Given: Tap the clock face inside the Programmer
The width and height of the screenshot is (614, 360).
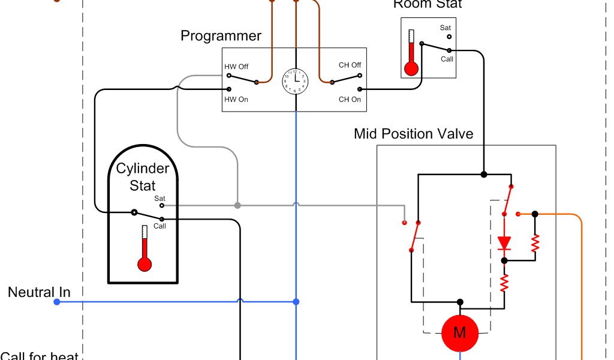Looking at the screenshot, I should (296, 81).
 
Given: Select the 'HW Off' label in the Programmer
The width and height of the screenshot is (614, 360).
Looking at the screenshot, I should (236, 66).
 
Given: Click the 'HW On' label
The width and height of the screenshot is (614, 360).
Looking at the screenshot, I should (236, 99).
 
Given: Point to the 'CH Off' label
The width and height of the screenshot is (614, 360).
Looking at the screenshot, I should (350, 65).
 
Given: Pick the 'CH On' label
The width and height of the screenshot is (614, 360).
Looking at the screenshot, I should (350, 99).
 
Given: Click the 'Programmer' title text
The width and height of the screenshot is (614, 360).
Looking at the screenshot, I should (221, 36).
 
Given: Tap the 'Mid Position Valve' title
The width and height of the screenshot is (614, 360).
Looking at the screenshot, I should (413, 133).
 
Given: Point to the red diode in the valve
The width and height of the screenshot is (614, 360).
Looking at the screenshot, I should (504, 242).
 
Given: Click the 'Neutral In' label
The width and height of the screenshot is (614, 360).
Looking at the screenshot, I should (39, 293).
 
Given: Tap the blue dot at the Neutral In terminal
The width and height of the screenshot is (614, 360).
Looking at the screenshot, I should (57, 302).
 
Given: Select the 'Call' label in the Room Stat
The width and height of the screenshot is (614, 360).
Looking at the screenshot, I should (447, 59).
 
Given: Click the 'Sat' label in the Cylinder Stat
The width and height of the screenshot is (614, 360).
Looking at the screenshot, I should (159, 198).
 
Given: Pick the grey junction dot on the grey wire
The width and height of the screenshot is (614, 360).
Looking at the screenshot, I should (237, 205).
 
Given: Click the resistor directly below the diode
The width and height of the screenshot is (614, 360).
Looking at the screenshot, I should (504, 281).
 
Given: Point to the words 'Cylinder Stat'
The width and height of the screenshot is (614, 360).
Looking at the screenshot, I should (143, 177).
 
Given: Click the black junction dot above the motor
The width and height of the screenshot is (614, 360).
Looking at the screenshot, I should (460, 302).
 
